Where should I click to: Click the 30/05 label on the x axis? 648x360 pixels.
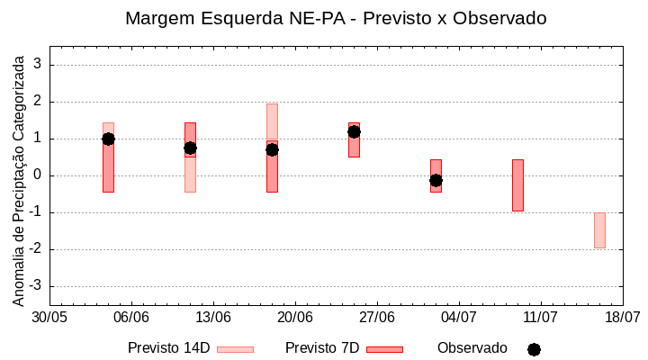(x=49, y=318)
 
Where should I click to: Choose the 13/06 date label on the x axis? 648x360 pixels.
(x=213, y=318)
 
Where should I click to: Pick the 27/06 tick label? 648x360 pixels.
(x=377, y=318)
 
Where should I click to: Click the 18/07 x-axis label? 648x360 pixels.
(x=623, y=318)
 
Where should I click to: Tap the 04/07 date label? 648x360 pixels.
(x=459, y=318)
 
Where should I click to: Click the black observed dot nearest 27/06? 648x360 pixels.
(x=354, y=131)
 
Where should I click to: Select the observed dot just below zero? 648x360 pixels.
(x=436, y=180)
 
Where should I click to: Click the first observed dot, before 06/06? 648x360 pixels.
(x=108, y=139)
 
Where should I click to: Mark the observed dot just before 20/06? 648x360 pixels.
(x=272, y=149)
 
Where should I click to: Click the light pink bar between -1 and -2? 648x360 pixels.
(x=599, y=230)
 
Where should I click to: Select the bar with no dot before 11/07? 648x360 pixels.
(x=517, y=185)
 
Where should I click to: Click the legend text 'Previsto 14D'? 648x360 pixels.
(x=168, y=348)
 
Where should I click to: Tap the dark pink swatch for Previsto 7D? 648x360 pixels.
(x=384, y=349)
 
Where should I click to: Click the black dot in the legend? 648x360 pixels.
(x=534, y=349)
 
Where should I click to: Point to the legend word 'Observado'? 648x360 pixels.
(x=472, y=348)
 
